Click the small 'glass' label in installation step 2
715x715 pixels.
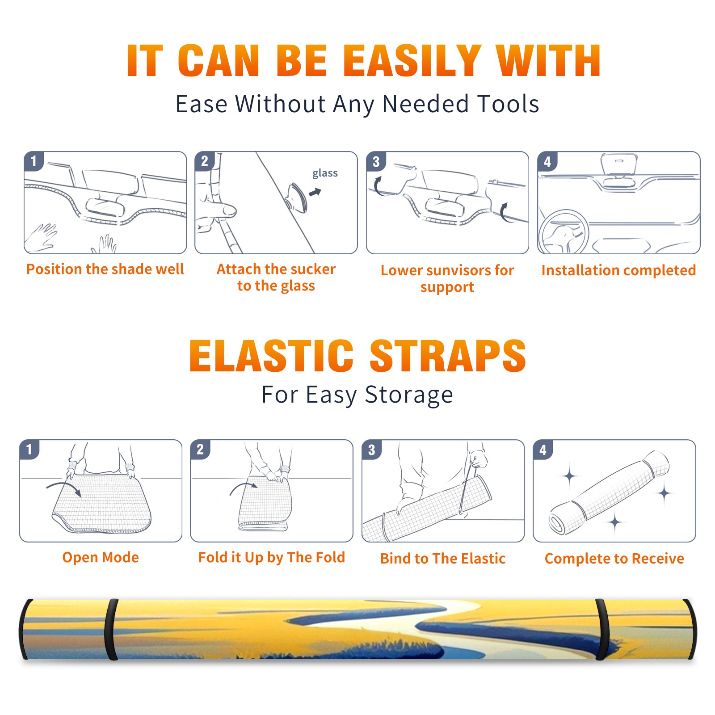[x=325, y=173]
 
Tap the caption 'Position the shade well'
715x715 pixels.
[x=105, y=269]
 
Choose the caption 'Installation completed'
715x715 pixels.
[x=618, y=270]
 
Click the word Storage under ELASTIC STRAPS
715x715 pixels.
[x=409, y=395]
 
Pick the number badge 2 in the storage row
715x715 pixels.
[x=200, y=449]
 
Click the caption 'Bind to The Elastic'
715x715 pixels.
[x=443, y=559]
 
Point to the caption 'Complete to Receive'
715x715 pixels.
[x=614, y=559]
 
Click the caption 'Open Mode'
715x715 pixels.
[x=101, y=557]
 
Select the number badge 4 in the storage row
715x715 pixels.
[x=543, y=449]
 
